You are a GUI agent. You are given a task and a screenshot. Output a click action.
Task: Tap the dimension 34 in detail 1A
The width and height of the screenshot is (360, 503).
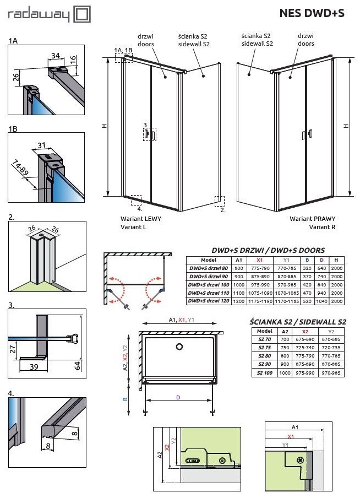pos(55,55)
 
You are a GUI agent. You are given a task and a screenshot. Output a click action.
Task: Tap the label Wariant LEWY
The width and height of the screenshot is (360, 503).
pos(141,219)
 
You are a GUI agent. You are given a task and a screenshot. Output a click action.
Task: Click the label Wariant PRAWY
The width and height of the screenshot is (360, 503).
pos(312,219)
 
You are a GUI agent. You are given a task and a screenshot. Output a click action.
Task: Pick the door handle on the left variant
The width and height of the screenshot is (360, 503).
pos(147,134)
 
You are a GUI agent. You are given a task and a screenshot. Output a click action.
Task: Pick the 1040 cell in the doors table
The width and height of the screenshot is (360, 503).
pos(321,301)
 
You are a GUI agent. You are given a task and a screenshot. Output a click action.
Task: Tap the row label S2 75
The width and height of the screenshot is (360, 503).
pos(265,348)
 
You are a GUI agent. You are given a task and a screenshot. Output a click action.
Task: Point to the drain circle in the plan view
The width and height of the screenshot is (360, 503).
pos(179,347)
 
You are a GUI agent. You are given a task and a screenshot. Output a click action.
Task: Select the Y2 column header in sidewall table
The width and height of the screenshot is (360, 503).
pos(331,331)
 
